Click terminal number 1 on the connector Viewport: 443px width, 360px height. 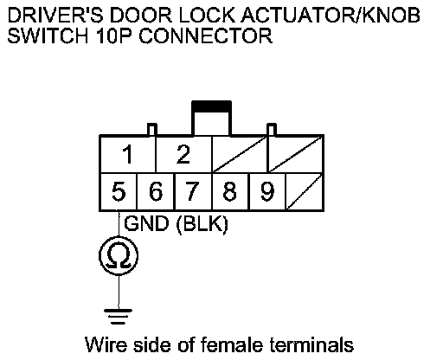127,154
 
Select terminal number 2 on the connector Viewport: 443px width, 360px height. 183,154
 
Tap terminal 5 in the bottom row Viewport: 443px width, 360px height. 119,191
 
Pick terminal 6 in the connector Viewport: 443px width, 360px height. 156,191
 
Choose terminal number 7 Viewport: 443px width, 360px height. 193,191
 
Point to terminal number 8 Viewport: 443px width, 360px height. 230,191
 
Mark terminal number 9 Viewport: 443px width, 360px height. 267,191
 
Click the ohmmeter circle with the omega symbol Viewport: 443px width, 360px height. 119,256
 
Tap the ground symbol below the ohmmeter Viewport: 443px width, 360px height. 119,316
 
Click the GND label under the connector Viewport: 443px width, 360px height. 146,223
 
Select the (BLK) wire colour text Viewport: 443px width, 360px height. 202,223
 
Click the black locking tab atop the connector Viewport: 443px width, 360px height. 211,106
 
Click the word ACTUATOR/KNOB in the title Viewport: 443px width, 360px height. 331,15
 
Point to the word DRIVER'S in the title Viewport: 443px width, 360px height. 55,15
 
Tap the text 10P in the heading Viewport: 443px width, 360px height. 114,35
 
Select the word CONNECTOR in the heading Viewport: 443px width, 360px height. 206,35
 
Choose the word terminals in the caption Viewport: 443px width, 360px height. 311,344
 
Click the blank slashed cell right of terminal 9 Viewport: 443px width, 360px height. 305,191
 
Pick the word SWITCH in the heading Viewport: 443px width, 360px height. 48,35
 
